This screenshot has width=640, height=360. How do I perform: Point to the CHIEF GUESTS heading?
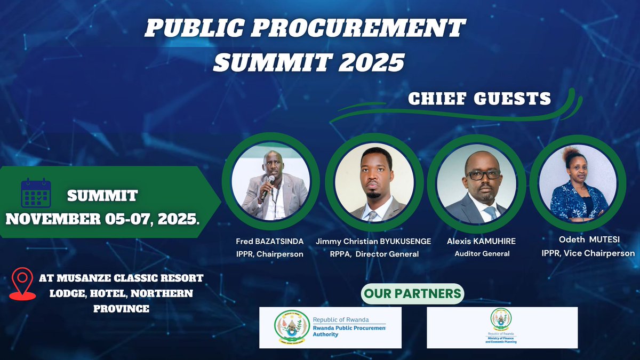tap(479, 99)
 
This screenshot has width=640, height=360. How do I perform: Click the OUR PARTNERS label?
tap(412, 294)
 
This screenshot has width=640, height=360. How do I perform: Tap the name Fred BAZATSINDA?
tap(270, 242)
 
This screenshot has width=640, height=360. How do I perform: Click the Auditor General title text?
tap(482, 254)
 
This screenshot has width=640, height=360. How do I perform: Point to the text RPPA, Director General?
tap(374, 254)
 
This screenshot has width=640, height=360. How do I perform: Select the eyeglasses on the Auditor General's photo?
tap(483, 174)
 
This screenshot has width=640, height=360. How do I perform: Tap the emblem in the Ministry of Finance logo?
tap(501, 319)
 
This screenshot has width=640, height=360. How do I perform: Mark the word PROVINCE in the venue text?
tap(121, 309)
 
